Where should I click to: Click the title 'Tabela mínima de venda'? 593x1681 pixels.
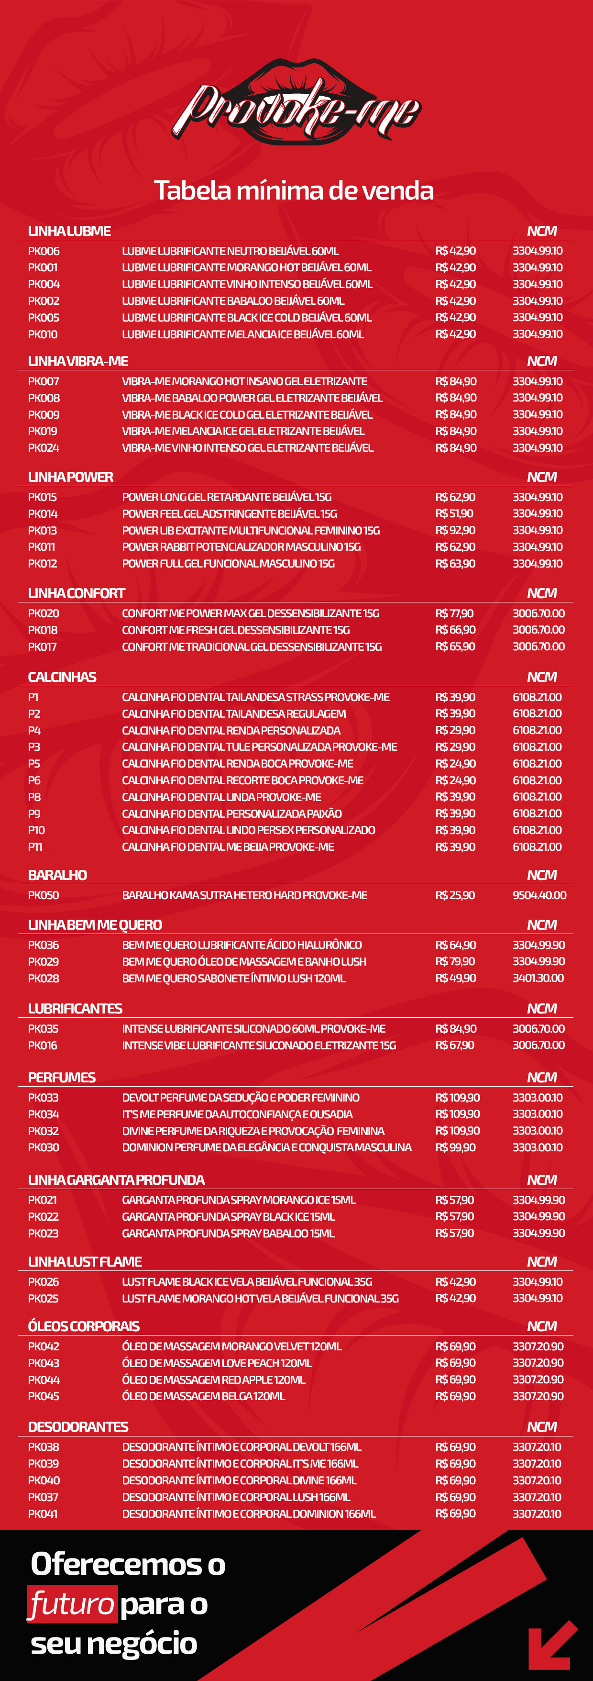click(x=294, y=190)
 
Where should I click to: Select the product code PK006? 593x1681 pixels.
click(x=44, y=251)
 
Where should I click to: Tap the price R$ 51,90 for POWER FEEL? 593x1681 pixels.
click(x=455, y=513)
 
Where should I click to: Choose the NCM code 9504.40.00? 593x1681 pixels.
click(x=539, y=895)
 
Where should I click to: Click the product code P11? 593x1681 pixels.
click(x=35, y=847)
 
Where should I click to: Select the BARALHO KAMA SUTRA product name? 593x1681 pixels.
click(x=245, y=895)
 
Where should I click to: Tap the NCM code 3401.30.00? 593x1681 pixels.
click(x=538, y=978)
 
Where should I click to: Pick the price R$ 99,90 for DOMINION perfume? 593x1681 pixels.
click(x=455, y=1147)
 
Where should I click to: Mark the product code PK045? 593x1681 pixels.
click(x=44, y=1396)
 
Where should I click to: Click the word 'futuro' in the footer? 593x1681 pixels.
click(x=72, y=1604)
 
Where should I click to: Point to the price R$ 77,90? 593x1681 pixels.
click(x=455, y=613)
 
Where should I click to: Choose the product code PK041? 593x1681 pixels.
click(x=43, y=1514)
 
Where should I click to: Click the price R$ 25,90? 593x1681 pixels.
click(x=455, y=895)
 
